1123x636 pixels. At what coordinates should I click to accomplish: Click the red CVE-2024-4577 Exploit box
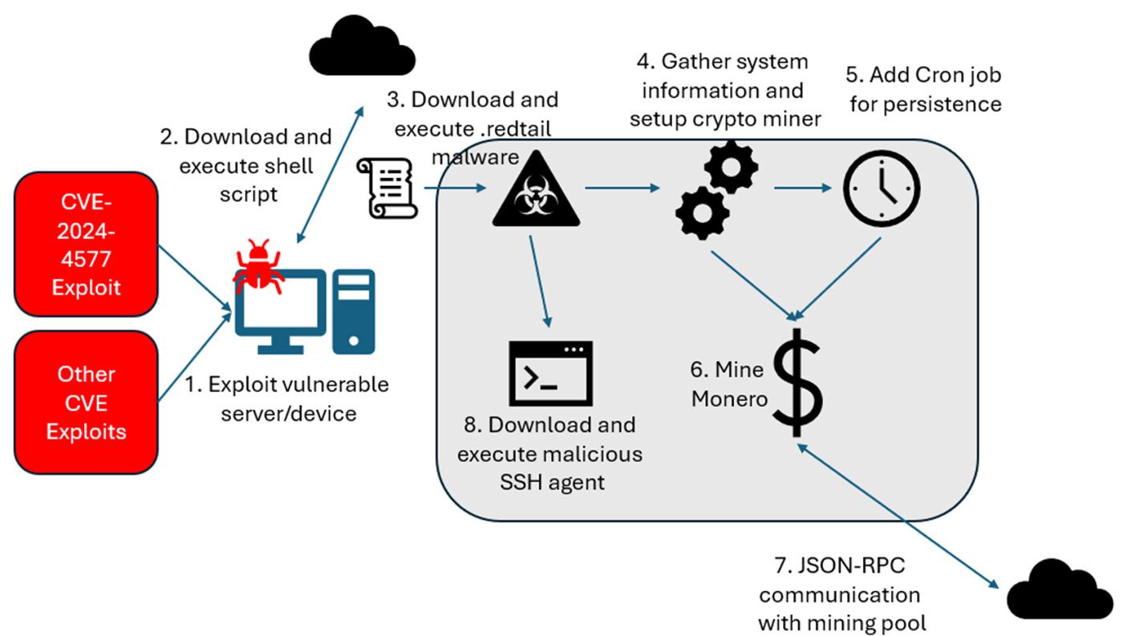pyautogui.click(x=84, y=243)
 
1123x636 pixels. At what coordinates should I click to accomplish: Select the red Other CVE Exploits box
pyautogui.click(x=86, y=402)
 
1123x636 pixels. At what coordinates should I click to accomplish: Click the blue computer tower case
pyautogui.click(x=354, y=311)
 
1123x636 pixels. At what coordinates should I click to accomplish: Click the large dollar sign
pyautogui.click(x=796, y=380)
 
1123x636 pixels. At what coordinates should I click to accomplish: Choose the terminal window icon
pyautogui.click(x=551, y=373)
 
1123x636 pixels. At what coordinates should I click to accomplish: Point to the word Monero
pyautogui.click(x=730, y=399)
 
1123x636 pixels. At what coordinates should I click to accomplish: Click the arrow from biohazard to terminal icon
pyautogui.click(x=539, y=281)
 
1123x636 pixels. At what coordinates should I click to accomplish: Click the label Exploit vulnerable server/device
pyautogui.click(x=286, y=399)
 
